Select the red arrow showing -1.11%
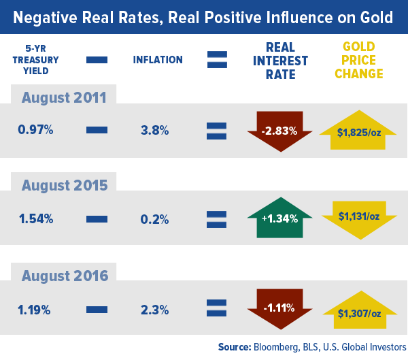[279, 308]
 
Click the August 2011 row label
[64, 97]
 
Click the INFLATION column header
[158, 60]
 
